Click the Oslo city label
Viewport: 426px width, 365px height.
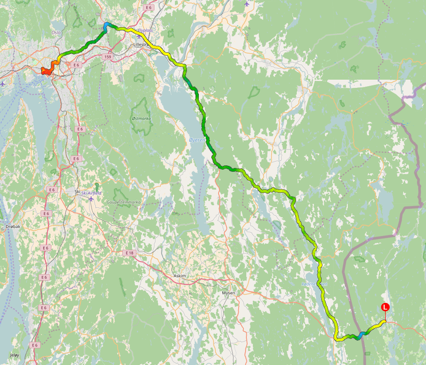[x=56, y=31]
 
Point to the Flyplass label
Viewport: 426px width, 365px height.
[x=148, y=30]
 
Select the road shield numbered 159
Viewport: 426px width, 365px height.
[x=108, y=57]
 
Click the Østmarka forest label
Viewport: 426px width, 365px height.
[x=141, y=119]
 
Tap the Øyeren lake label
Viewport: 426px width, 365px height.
[x=197, y=141]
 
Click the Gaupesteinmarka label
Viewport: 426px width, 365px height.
[x=124, y=202]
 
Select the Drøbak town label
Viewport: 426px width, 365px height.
[x=13, y=226]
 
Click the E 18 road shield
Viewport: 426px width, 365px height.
[x=129, y=253]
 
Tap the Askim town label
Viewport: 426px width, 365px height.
[x=180, y=276]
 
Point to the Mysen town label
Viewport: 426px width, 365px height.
[x=228, y=293]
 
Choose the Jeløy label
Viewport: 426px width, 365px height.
[x=14, y=355]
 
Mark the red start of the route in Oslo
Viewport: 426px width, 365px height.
[x=45, y=71]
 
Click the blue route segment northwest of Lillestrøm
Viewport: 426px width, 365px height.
[x=107, y=25]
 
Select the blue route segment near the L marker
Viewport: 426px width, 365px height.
[x=362, y=334]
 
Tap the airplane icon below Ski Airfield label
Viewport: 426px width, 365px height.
[x=91, y=199]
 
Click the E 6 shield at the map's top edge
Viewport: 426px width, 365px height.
[x=149, y=7]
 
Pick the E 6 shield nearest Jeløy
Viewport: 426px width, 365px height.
[x=35, y=345]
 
